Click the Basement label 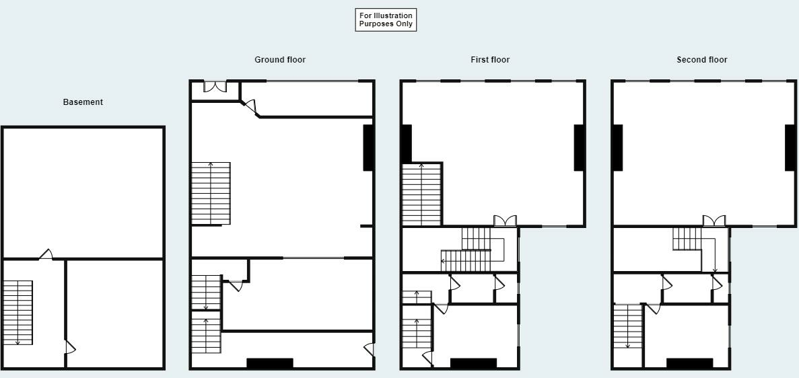83,102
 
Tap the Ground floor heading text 279,60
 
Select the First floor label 489,60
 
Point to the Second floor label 701,60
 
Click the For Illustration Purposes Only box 386,20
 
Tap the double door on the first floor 505,221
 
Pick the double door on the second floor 715,221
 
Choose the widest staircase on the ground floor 211,193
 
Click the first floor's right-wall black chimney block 578,147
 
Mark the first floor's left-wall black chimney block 407,143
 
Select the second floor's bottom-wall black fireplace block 689,363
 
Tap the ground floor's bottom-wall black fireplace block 269,363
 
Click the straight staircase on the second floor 627,326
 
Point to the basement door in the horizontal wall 46,254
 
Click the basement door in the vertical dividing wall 69,348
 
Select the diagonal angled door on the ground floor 249,108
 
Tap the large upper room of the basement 83,192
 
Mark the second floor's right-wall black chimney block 790,147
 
